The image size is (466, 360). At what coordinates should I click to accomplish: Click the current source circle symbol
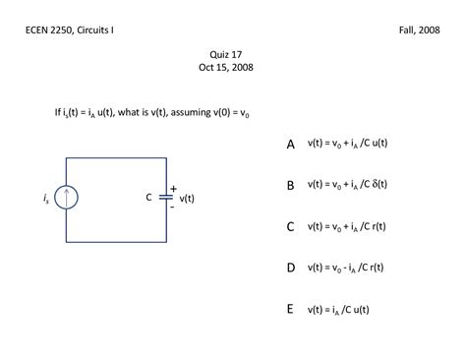click(x=67, y=198)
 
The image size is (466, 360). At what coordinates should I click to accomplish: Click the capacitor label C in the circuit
click(x=149, y=197)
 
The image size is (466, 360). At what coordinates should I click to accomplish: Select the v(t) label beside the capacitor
click(x=187, y=198)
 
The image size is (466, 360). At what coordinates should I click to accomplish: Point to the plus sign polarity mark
click(x=173, y=188)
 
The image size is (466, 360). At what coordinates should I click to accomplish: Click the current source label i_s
click(x=46, y=199)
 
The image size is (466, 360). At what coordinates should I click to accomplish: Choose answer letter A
click(x=291, y=144)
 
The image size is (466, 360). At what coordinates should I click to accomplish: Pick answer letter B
click(x=291, y=185)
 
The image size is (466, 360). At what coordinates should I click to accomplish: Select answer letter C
click(x=291, y=226)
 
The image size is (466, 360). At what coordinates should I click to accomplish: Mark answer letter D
click(x=291, y=268)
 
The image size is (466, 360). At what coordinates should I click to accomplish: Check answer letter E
click(x=291, y=309)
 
